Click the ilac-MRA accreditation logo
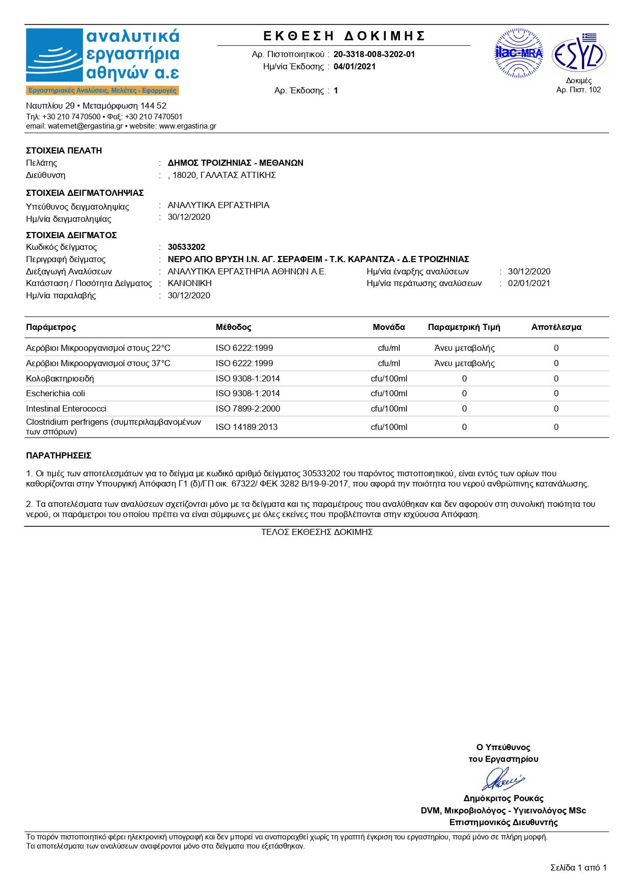519,53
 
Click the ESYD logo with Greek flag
579,54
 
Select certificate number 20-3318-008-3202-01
374,54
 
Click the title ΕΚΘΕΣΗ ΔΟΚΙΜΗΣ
344,36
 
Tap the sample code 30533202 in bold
186,247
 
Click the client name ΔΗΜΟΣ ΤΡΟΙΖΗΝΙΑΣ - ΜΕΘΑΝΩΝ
235,163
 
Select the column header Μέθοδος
233,327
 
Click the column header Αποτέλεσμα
556,327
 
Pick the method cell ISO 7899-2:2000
247,408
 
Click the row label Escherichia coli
56,393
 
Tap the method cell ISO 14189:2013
246,427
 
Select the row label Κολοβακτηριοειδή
60,378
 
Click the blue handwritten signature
503,779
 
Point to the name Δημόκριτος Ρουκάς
503,798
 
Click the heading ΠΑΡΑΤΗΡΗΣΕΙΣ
59,455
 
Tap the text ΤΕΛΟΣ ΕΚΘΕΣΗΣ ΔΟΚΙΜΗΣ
317,532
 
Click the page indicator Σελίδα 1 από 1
578,867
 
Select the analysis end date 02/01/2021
529,283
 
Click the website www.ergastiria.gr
187,126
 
